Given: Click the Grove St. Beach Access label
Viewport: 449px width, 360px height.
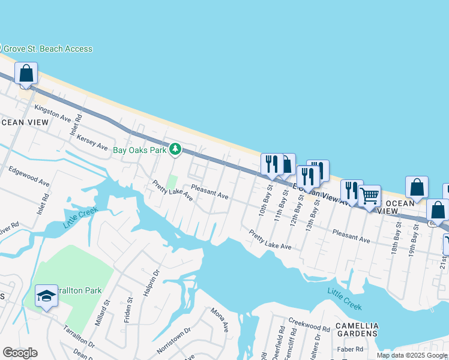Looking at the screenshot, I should [48, 49].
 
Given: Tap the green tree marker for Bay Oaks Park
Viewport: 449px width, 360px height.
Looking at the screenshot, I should [175, 149].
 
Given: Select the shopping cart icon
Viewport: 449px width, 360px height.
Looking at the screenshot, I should [370, 196].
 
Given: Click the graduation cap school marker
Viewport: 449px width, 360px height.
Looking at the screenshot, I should [46, 296].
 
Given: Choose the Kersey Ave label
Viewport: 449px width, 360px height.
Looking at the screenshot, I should [92, 143].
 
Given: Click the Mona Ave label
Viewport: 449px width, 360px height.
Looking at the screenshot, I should [220, 320].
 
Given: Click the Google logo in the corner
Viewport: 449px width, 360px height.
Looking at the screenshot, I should [20, 353].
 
